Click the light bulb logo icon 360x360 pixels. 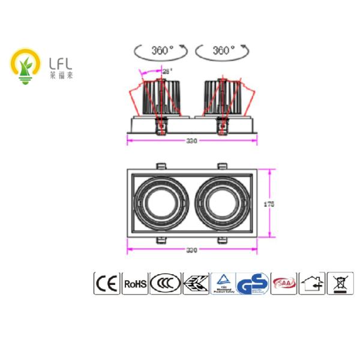click(25, 65)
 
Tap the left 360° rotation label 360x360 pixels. click(161, 50)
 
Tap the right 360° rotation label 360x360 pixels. click(223, 50)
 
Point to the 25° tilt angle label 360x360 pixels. click(167, 71)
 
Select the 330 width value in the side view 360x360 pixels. click(191, 142)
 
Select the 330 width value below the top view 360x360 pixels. click(191, 249)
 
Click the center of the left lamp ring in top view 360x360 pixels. click(160, 204)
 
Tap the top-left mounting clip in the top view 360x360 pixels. click(161, 166)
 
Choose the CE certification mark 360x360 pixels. click(106, 283)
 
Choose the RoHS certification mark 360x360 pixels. click(134, 283)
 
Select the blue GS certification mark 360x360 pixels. click(253, 283)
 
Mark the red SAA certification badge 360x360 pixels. click(284, 283)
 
